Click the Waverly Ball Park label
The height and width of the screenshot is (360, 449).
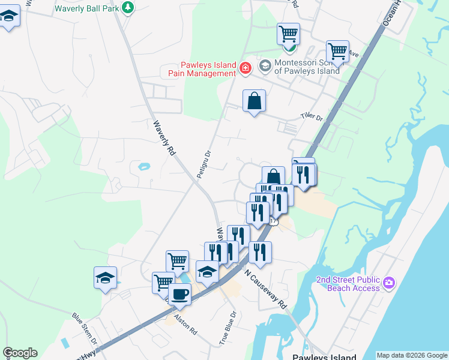point(86,8)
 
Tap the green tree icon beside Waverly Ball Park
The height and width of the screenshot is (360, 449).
point(127,7)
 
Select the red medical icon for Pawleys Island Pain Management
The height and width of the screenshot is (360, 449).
point(245,68)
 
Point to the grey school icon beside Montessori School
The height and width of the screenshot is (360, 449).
point(265,65)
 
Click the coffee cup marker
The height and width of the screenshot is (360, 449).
point(179,294)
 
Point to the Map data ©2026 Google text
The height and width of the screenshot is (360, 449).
point(411,355)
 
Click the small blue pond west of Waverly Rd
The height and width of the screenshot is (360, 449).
point(144,167)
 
